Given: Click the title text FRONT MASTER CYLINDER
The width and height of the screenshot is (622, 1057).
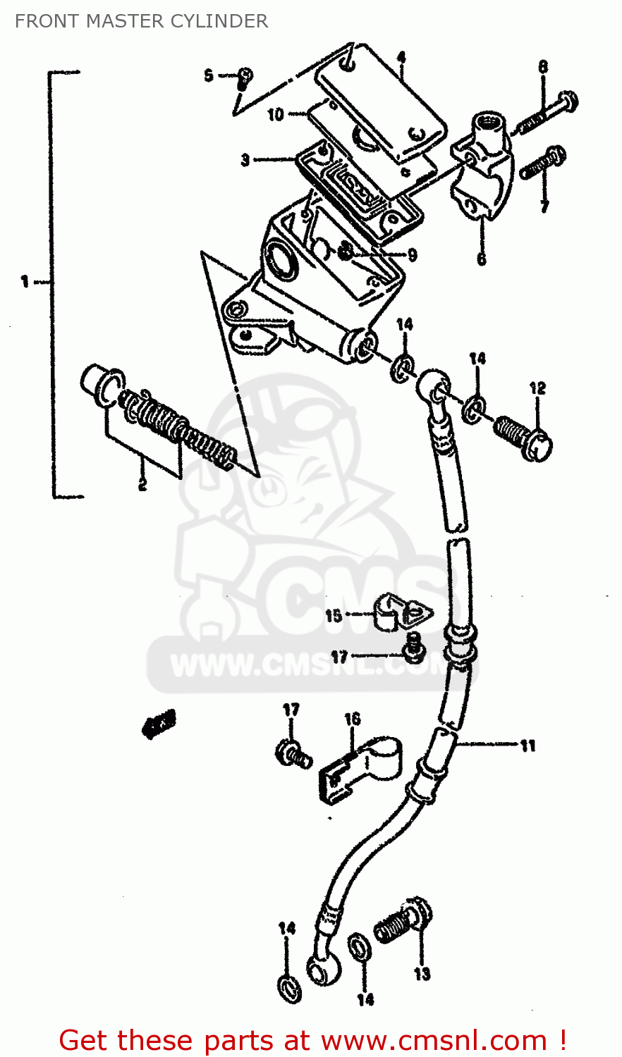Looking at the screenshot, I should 141,21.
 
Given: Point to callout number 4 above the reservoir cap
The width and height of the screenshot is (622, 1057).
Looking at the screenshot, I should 401,57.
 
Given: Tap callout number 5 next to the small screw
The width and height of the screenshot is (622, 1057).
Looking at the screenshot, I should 209,75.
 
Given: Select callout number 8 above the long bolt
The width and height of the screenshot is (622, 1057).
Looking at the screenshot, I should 543,67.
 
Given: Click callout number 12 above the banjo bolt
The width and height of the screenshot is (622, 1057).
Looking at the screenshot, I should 537,388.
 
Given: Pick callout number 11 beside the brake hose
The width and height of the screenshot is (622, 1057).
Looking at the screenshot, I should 528,746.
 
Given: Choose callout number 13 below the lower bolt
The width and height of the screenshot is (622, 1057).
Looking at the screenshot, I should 422,974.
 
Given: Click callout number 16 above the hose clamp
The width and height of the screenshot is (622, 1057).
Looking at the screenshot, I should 352,719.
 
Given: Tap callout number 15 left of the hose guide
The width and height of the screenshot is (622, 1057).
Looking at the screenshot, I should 334,616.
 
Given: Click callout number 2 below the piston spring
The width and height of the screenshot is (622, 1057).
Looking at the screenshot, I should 142,484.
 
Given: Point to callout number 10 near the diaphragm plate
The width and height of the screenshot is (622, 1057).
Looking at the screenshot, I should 275,114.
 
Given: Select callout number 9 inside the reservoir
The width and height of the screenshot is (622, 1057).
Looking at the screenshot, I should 412,255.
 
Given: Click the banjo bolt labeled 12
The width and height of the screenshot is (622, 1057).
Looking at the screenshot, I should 522,436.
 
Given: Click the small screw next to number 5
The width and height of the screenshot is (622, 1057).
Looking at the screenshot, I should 244,77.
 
